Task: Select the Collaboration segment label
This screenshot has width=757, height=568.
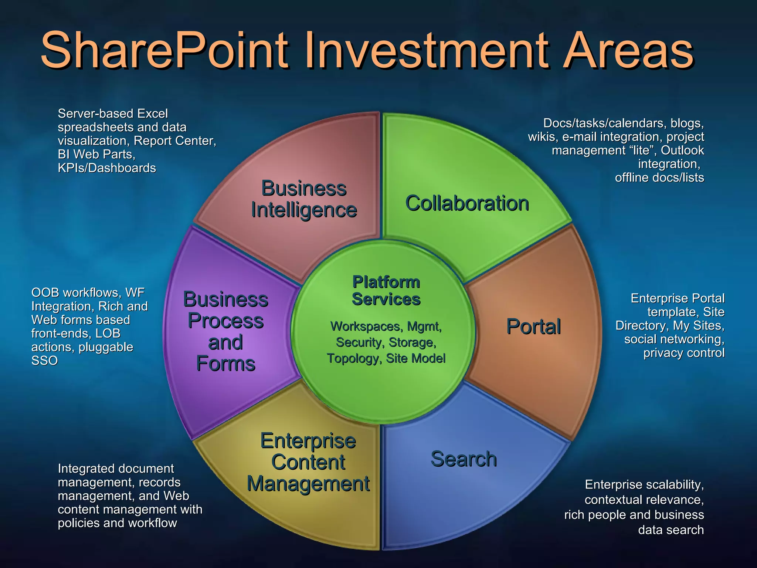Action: (x=467, y=203)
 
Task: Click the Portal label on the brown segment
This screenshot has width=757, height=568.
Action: (x=533, y=327)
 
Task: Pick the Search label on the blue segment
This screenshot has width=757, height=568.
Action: (x=464, y=459)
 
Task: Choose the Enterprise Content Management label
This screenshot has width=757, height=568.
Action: (x=308, y=462)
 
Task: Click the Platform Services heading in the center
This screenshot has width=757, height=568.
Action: (x=386, y=291)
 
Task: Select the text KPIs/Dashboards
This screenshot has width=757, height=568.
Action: (x=107, y=168)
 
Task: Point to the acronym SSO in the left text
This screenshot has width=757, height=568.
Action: (x=45, y=361)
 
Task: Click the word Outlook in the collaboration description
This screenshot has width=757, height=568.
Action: (x=682, y=151)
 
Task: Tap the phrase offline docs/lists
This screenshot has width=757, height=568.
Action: (x=659, y=177)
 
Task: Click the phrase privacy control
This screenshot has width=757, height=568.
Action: (x=684, y=353)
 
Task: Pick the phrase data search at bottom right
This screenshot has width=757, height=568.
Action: (x=671, y=530)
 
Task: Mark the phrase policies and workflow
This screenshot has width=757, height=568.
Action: (x=117, y=523)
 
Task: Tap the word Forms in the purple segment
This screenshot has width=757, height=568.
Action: (x=225, y=364)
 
